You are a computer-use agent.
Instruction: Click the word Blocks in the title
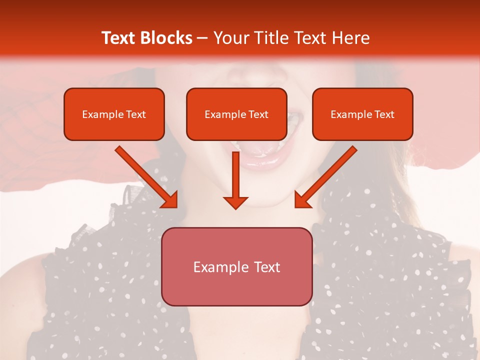coord(165,38)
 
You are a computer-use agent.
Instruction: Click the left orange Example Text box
coord(114,114)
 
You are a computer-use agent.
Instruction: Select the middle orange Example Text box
coord(236,114)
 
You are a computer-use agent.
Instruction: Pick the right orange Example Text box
coord(362,114)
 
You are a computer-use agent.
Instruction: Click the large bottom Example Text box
coord(236,266)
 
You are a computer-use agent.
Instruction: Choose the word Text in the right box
coord(384,114)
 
